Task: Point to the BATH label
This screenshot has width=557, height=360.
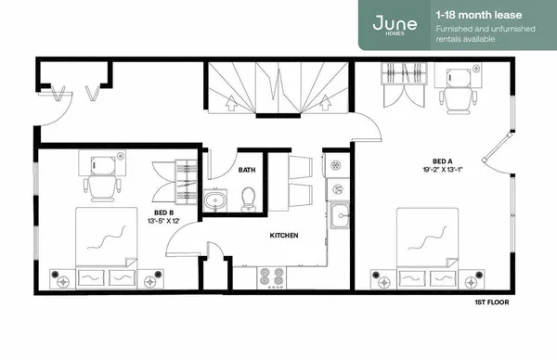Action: [x=246, y=171]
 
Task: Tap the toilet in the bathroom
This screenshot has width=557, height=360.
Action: [x=248, y=198]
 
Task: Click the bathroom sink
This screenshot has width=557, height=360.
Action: [x=215, y=199]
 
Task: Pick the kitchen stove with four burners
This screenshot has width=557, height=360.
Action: [x=270, y=276]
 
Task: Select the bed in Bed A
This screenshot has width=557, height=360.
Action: [x=428, y=238]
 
